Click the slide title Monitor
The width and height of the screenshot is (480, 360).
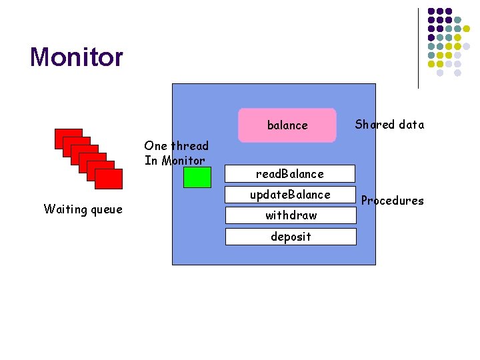[x=77, y=57]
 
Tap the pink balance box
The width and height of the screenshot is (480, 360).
[x=287, y=125]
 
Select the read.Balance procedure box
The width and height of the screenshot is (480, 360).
[x=290, y=174]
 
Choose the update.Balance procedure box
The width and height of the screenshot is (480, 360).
[x=290, y=195]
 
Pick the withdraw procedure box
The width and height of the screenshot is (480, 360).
[x=290, y=215]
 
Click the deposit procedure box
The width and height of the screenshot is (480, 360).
[x=290, y=237]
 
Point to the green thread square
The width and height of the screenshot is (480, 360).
[x=197, y=177]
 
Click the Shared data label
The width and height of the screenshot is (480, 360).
[x=389, y=125]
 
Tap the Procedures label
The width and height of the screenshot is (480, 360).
[x=392, y=201]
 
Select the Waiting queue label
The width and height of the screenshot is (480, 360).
[x=83, y=209]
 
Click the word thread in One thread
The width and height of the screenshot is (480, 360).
[x=190, y=146]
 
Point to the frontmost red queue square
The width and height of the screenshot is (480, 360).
[x=109, y=179]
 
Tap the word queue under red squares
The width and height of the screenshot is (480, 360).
[x=105, y=210]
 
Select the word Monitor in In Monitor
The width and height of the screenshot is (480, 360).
[x=183, y=161]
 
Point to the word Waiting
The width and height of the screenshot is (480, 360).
[x=65, y=209]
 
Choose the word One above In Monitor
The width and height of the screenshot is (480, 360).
[x=156, y=146]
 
